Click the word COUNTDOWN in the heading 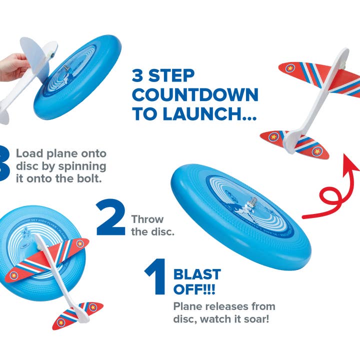(x=195, y=94)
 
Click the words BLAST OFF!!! (x=197, y=281)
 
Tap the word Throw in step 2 (x=147, y=219)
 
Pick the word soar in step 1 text (x=254, y=318)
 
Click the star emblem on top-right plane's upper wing (x=289, y=67)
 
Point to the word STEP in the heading (x=172, y=76)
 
